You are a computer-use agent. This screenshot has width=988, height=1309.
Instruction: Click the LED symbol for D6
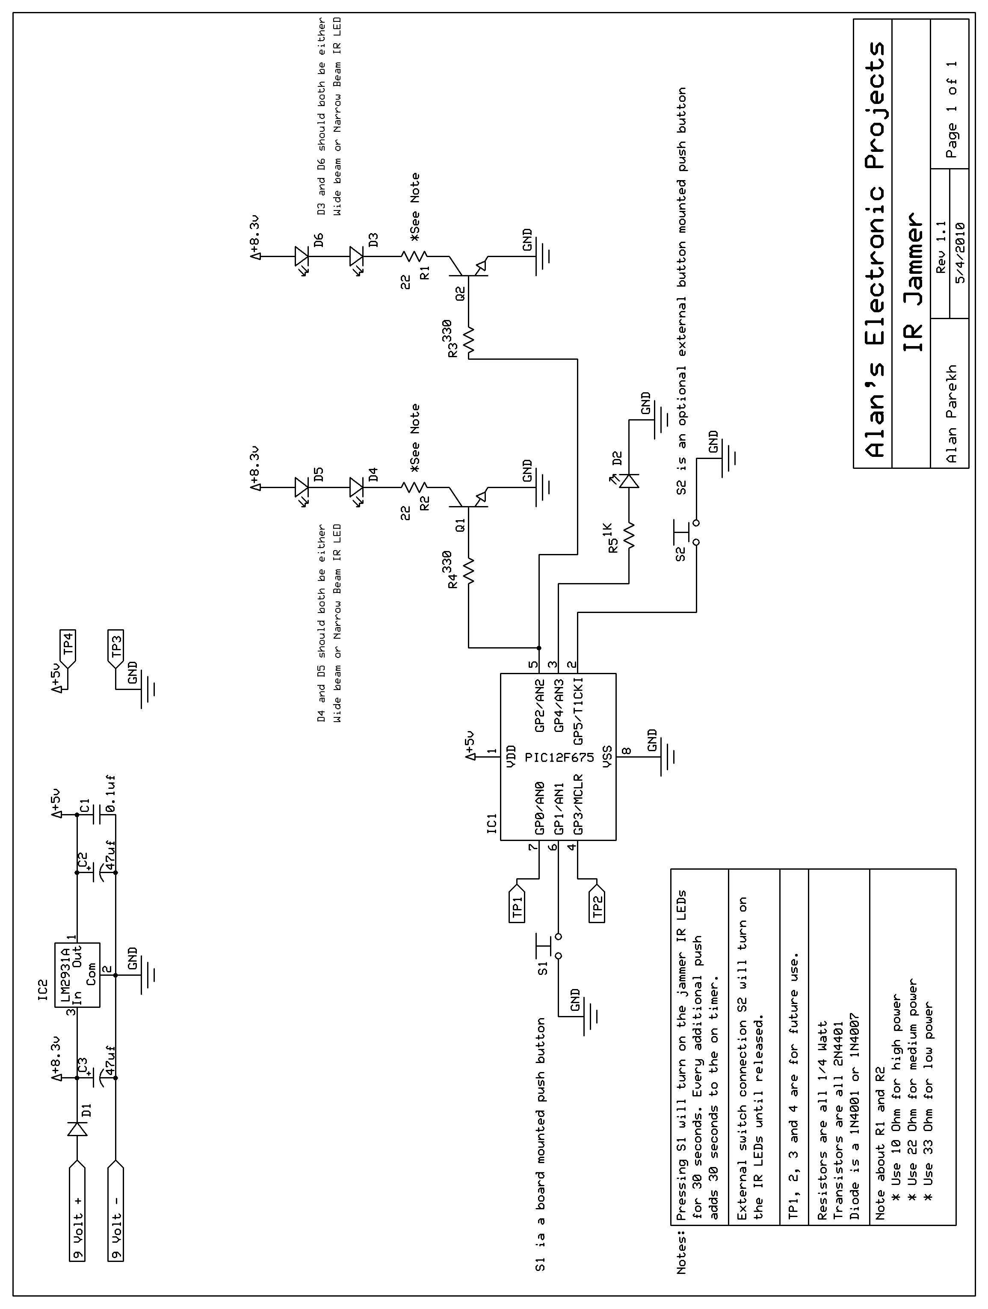(x=302, y=256)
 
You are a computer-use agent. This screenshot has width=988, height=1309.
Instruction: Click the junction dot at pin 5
(x=538, y=647)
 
